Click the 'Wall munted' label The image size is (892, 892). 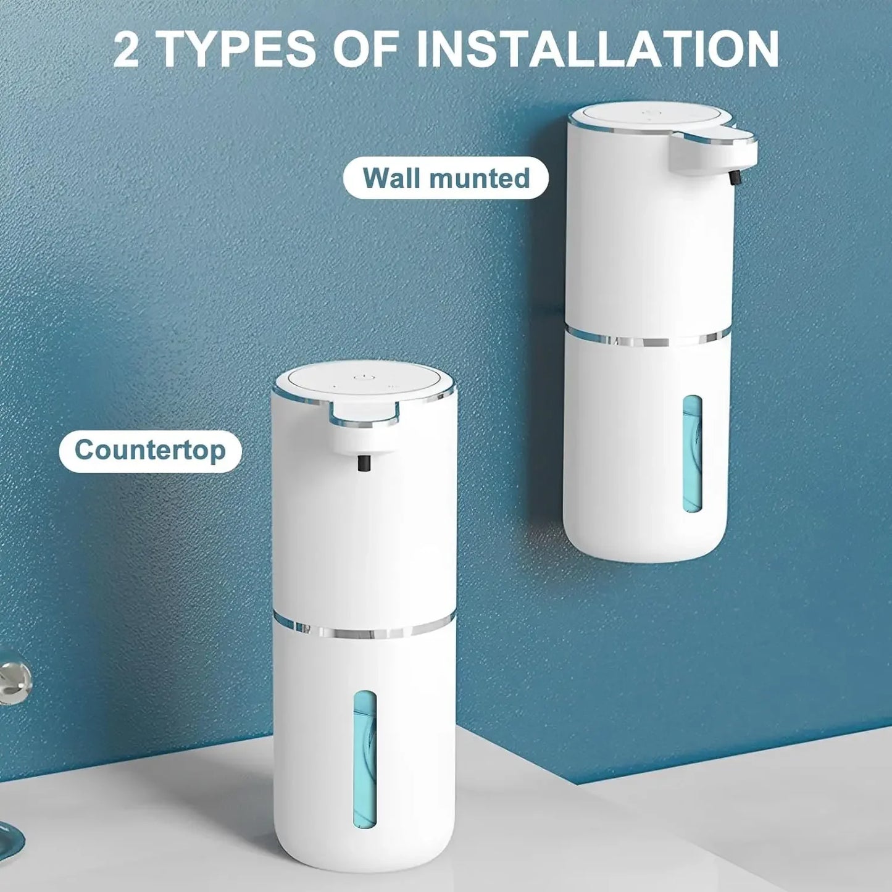point(446,178)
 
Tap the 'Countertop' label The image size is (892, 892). point(150,451)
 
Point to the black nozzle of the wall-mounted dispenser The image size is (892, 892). point(735,177)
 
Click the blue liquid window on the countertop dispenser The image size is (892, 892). point(364,758)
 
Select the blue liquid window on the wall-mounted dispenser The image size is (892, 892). point(692,454)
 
